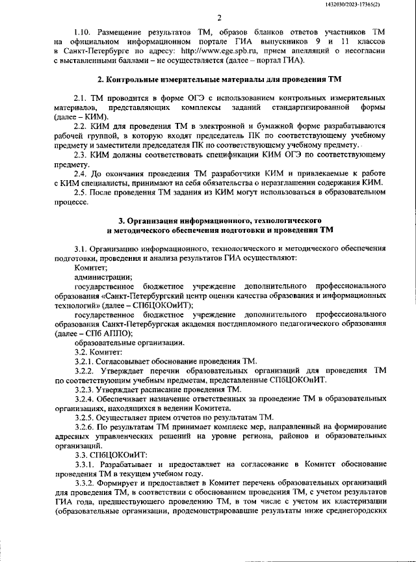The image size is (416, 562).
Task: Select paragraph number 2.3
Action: pos(82,155)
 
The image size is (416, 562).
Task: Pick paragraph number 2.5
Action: pos(82,193)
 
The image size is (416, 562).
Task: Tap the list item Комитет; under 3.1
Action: pos(91,267)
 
